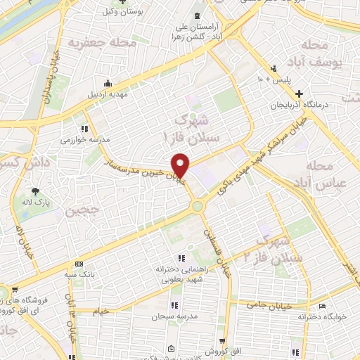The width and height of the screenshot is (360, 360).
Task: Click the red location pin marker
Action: coord(181,165)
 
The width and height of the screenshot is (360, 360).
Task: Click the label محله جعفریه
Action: coord(101,43)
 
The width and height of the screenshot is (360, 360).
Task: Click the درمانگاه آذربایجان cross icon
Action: coord(300,94)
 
